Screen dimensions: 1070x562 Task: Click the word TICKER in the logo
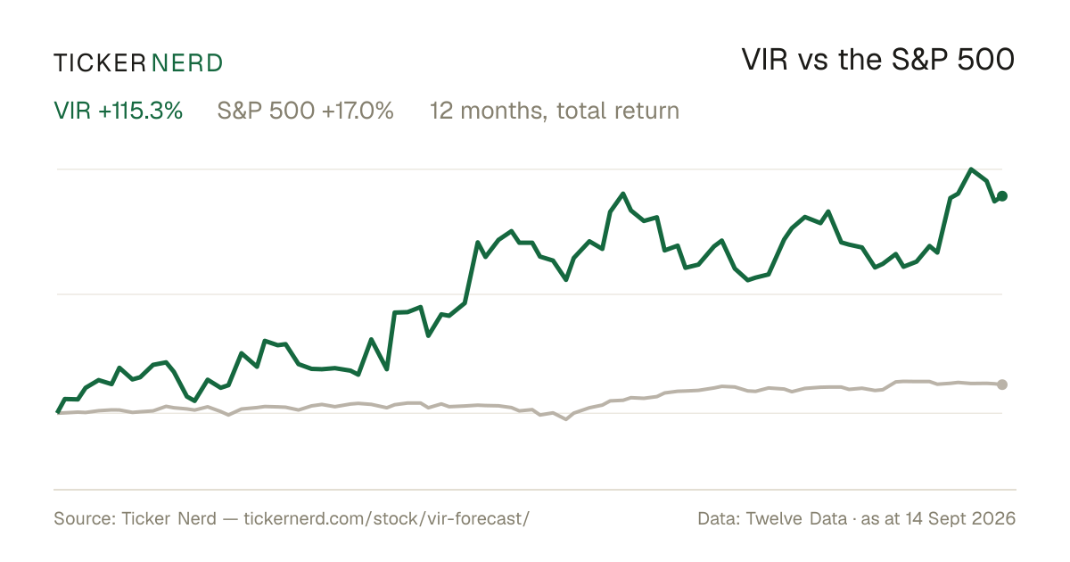click(99, 63)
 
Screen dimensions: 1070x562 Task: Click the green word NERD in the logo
click(187, 63)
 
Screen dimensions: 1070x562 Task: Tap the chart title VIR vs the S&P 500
click(878, 60)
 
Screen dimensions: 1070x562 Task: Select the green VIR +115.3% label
click(118, 111)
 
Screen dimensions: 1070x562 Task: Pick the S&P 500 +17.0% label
click(305, 111)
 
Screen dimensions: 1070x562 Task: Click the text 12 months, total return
click(554, 111)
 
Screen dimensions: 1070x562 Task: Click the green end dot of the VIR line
click(1002, 196)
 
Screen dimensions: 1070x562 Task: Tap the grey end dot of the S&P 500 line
click(1002, 384)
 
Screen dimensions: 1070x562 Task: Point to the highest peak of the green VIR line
click(971, 169)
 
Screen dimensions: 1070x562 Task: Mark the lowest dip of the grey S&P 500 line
click(566, 419)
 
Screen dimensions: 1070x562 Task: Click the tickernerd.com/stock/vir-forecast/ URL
click(386, 518)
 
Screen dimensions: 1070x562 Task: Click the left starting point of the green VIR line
click(58, 412)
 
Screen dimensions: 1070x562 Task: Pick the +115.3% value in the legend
click(141, 111)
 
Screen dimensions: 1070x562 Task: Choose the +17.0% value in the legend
click(358, 111)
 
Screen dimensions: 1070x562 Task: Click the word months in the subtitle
click(504, 111)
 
